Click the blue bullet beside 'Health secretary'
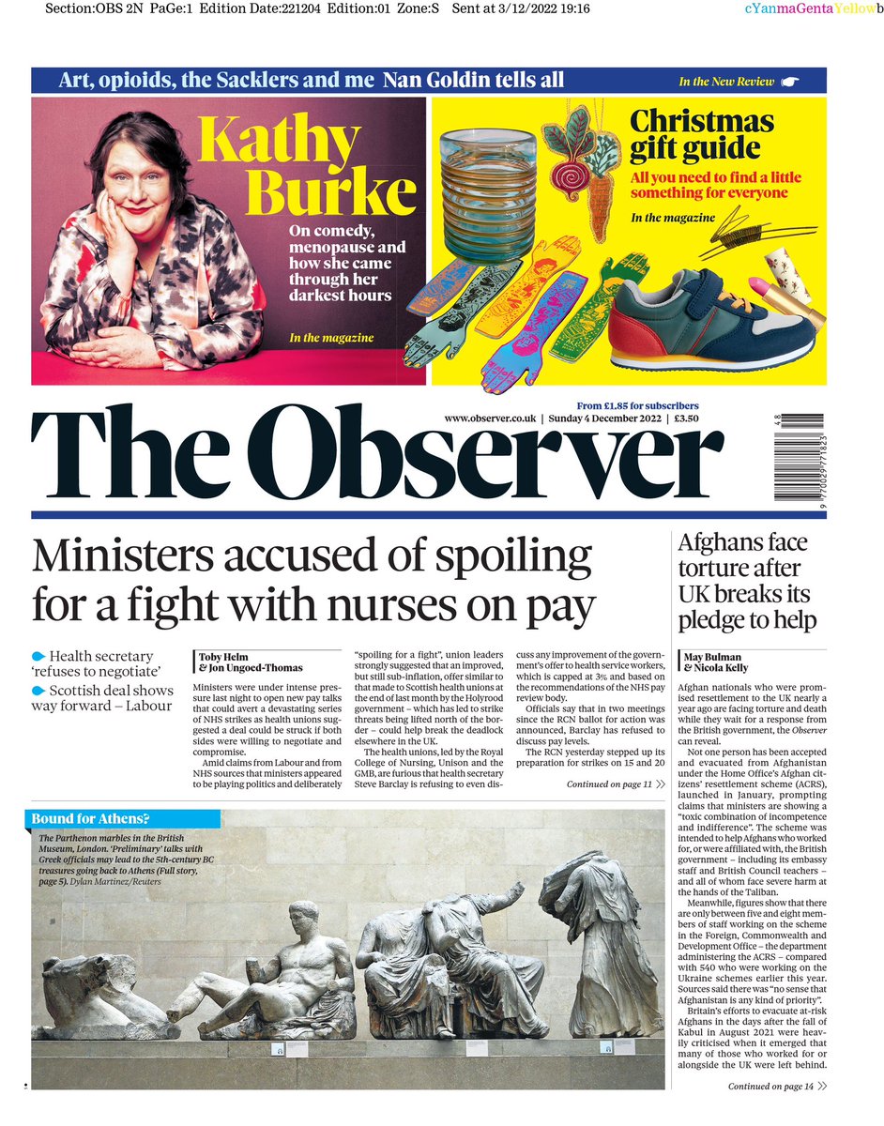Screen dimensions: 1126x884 tap(38, 656)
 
